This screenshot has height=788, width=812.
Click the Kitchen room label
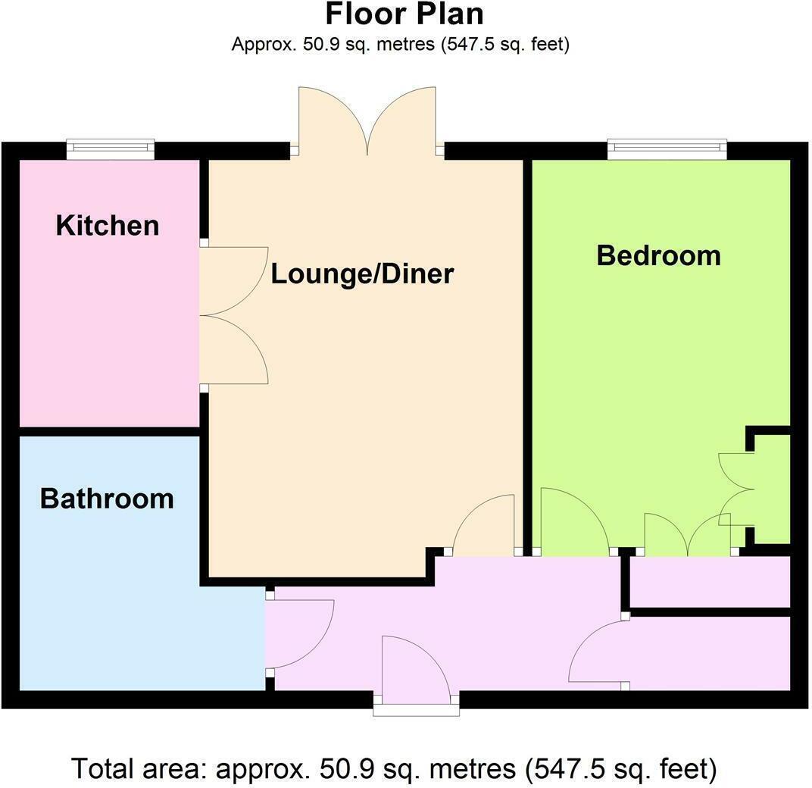click(108, 226)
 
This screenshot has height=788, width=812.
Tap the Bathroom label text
click(107, 499)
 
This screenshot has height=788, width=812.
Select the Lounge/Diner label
click(362, 274)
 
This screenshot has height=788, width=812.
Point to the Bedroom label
click(658, 255)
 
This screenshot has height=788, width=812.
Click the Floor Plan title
click(404, 15)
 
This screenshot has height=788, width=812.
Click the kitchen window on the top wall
click(111, 149)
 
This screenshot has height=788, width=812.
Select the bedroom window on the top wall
click(667, 149)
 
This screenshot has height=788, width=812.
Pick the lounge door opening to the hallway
click(485, 527)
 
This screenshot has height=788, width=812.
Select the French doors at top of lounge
click(367, 121)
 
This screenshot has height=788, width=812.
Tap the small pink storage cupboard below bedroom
click(710, 581)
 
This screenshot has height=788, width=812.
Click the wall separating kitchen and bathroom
click(109, 431)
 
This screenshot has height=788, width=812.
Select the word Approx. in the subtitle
click(260, 44)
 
